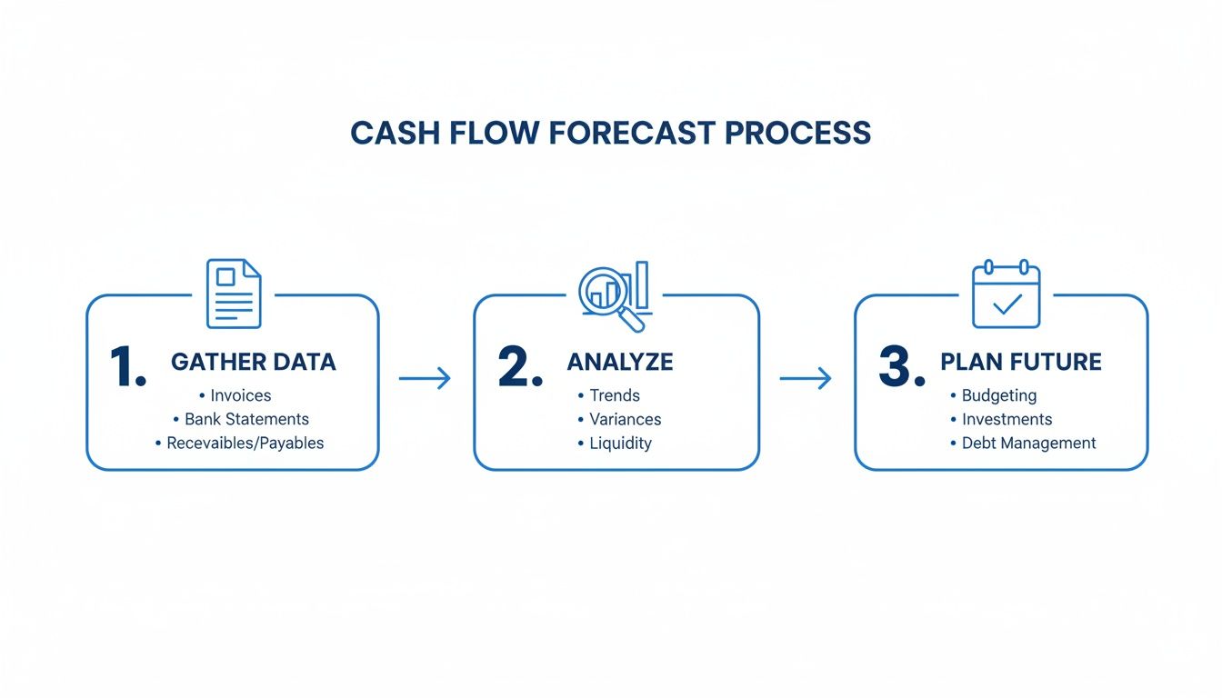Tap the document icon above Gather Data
pos(234,294)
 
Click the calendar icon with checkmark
pos(1006,295)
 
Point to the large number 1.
pos(127,368)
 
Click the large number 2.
pos(520,368)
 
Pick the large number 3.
pos(901,368)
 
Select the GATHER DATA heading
pos(254,362)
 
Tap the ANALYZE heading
pos(620,362)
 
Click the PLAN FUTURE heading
pos(1020,362)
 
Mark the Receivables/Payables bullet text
pos(245,444)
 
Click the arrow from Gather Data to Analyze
pos(425,379)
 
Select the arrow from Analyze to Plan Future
pos(806,379)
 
